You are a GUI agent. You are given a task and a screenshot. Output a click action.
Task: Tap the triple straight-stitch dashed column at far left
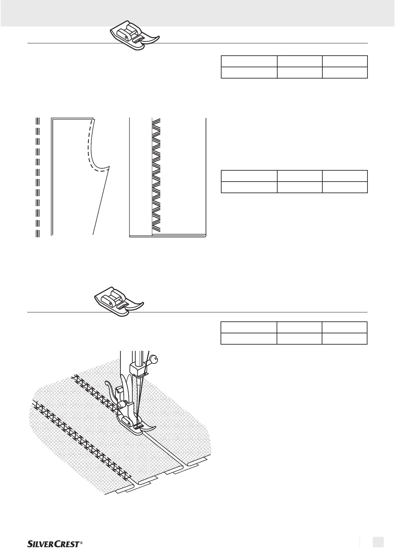37,177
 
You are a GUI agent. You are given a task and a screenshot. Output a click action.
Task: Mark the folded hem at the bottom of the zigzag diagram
167,236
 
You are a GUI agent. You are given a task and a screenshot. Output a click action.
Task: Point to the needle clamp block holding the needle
136,368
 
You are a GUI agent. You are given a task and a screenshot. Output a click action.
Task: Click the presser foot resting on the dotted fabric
135,426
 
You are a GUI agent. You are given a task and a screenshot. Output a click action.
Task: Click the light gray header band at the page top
197,13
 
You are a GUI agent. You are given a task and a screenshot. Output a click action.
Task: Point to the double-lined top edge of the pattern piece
71,118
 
